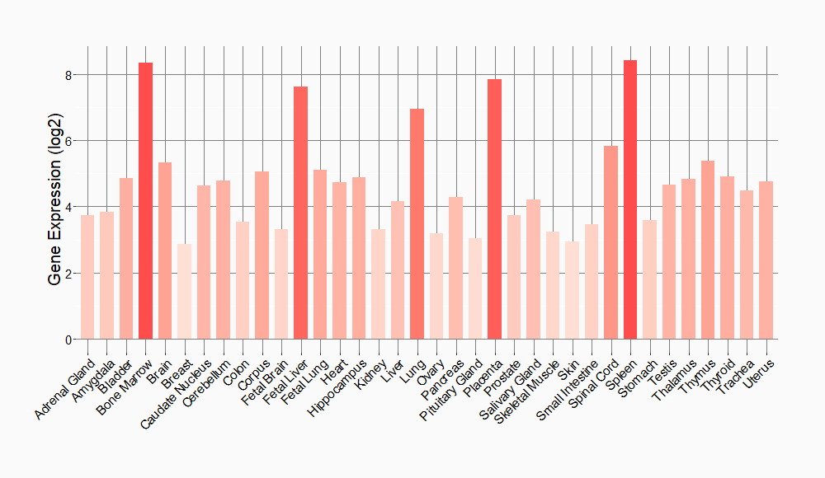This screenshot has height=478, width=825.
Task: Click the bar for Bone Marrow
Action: click(145, 201)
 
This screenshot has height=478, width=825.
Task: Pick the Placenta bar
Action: click(494, 209)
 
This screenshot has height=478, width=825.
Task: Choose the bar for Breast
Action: click(184, 292)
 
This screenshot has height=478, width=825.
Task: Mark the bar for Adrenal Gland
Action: click(87, 277)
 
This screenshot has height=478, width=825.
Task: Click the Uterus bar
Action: click(766, 260)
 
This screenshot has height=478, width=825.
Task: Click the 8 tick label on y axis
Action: click(69, 75)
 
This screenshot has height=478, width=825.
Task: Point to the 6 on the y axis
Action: click(69, 141)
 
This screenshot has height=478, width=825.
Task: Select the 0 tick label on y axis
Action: click(69, 340)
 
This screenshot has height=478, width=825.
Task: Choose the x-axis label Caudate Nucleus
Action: click(176, 392)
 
